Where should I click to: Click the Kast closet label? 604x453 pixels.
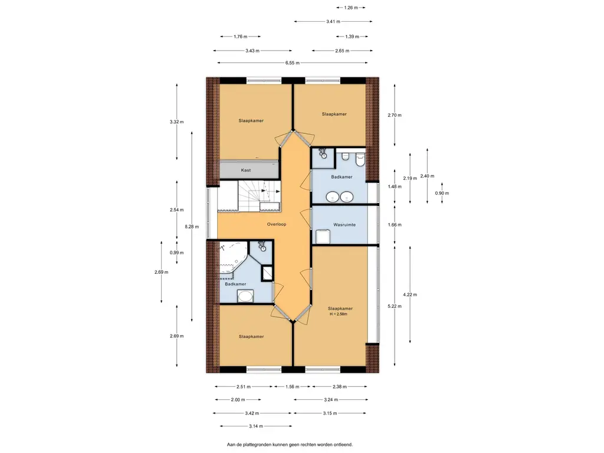click(x=246, y=170)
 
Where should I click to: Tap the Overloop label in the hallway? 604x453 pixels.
click(x=277, y=224)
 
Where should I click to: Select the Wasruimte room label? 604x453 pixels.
click(x=344, y=225)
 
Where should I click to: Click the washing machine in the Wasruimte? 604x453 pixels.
click(x=323, y=237)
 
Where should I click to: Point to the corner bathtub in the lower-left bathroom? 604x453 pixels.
click(x=232, y=260)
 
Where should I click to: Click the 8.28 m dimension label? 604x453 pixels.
click(x=192, y=227)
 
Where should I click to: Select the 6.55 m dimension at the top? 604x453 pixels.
click(x=293, y=63)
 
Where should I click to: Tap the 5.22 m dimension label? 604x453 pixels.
click(x=395, y=307)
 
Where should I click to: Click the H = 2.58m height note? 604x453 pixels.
click(x=339, y=314)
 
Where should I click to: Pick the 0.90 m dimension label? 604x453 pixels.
click(x=442, y=193)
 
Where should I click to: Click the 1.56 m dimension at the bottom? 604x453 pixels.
click(x=293, y=387)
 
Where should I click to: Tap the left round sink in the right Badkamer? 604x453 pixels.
click(x=332, y=197)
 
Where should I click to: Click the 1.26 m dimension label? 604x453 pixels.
click(x=350, y=8)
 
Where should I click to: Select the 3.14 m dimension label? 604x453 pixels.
click(x=256, y=426)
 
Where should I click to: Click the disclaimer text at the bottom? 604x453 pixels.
click(x=290, y=445)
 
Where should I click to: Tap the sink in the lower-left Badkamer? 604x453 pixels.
click(x=245, y=297)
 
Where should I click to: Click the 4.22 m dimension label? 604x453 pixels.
click(x=410, y=295)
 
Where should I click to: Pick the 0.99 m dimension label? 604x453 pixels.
click(x=177, y=253)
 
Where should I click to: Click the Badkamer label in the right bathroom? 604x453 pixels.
click(x=342, y=177)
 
